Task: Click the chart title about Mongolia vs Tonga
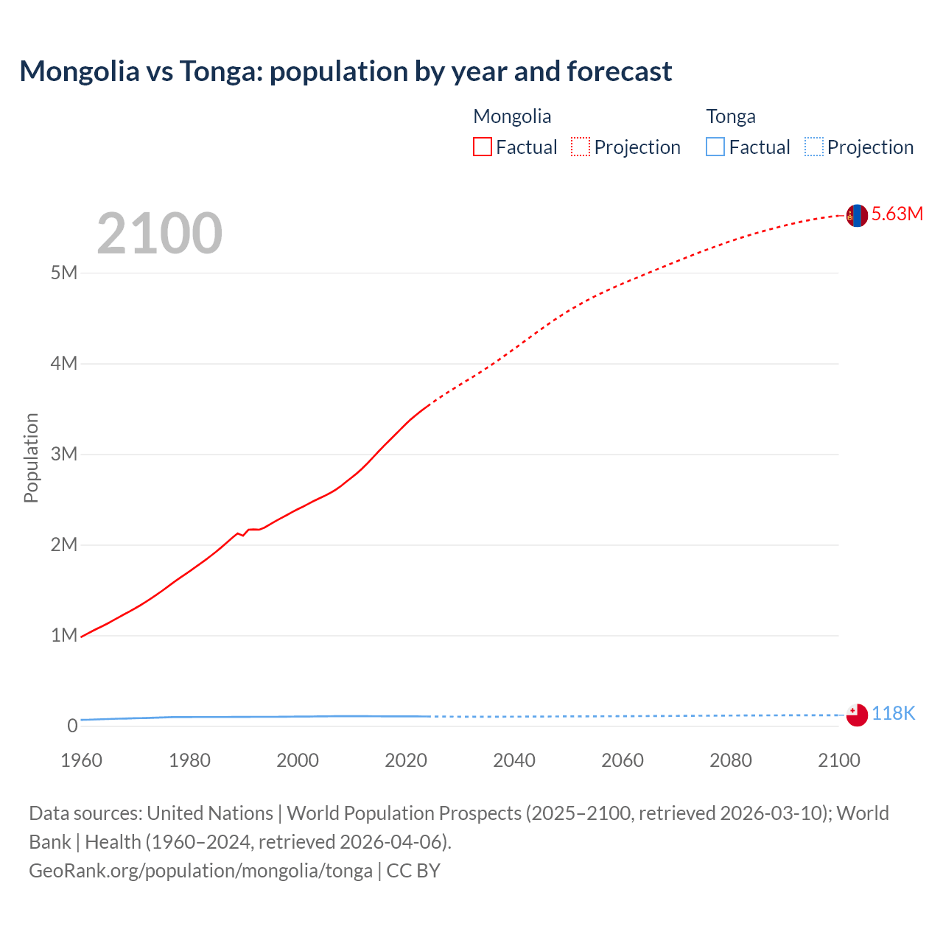point(346,71)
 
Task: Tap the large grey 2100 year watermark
point(159,234)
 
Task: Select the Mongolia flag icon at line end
point(856,215)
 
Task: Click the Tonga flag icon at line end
point(857,715)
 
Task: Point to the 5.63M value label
point(897,214)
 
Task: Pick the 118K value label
point(893,713)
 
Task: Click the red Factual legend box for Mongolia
point(483,147)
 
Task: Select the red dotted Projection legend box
point(581,147)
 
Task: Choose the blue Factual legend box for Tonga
point(715,147)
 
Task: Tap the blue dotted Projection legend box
point(814,147)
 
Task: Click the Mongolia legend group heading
point(512,116)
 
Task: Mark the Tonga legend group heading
point(731,116)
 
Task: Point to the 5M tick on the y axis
point(64,273)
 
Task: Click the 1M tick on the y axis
point(64,635)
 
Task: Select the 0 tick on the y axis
point(72,726)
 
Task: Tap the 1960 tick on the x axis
point(81,760)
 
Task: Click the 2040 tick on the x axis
point(514,760)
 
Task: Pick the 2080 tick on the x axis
point(731,760)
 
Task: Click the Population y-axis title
point(31,458)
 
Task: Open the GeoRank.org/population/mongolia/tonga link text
point(200,871)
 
